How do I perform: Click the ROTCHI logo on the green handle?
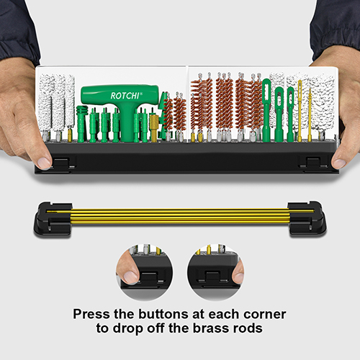[125, 96]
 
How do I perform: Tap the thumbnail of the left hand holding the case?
[44, 163]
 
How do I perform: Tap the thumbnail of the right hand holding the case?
[339, 163]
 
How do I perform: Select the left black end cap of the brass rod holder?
[53, 219]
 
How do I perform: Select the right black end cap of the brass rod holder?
[307, 218]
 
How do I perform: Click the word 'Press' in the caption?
[91, 314]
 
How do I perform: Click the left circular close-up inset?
[145, 272]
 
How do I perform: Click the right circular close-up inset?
[215, 272]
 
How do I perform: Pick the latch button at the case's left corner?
[60, 163]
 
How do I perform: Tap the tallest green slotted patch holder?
[266, 109]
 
